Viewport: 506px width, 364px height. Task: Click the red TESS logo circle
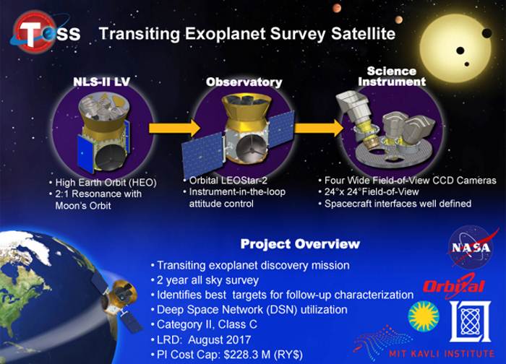point(33,31)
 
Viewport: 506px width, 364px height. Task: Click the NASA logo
point(471,247)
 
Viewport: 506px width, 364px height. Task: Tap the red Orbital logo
point(454,286)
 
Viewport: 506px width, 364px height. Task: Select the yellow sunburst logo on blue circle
point(424,316)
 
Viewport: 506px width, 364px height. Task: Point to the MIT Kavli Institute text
point(442,353)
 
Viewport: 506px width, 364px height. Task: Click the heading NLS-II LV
point(101,81)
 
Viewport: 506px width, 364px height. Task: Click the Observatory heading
point(244,82)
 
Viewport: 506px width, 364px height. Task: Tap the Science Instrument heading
point(392,76)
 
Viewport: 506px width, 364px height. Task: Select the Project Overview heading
point(300,243)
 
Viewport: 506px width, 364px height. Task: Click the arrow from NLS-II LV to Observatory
point(175,128)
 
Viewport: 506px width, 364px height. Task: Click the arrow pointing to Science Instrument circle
point(319,128)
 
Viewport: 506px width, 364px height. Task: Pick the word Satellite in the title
point(363,33)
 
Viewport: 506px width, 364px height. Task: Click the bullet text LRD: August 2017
point(204,340)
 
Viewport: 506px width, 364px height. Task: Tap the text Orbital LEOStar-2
point(228,181)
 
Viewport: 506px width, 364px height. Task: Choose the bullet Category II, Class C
point(207,324)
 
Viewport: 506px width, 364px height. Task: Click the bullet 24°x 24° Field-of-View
point(372,192)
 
